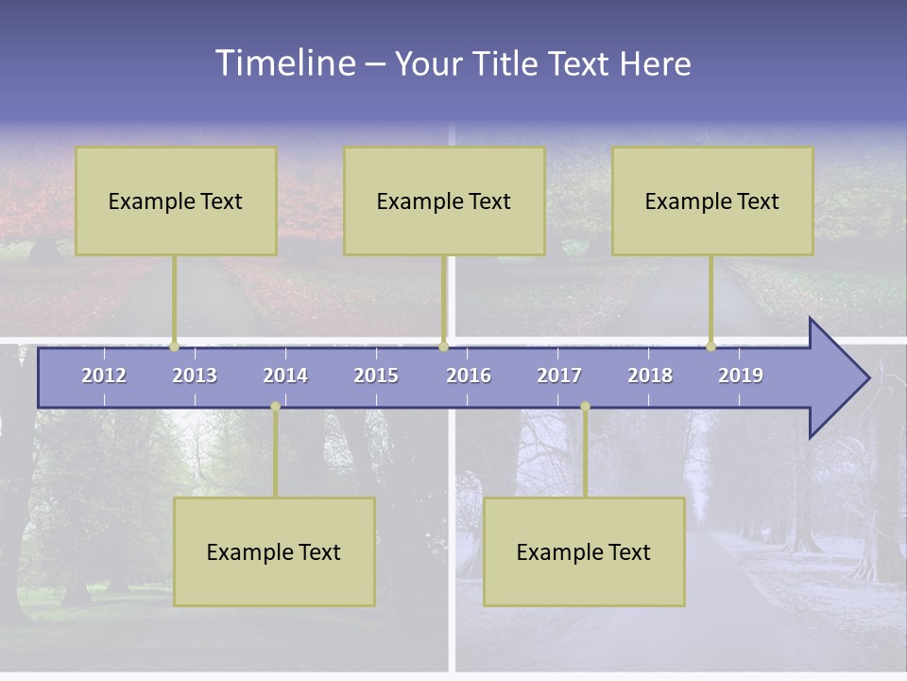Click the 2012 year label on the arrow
click(104, 375)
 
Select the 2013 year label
click(195, 375)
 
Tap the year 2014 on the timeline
click(285, 375)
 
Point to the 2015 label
click(376, 375)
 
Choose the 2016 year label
click(469, 375)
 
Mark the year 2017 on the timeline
click(559, 375)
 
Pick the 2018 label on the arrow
click(650, 375)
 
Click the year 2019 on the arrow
click(741, 375)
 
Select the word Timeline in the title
click(283, 62)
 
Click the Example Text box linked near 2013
click(176, 201)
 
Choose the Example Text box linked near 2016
click(444, 201)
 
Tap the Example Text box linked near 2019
click(712, 201)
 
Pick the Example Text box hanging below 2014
click(274, 551)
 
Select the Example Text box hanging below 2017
click(584, 551)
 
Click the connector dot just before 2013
click(174, 346)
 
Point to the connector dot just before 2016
click(443, 346)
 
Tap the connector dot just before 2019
click(711, 346)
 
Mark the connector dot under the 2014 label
click(275, 407)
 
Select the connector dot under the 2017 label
click(585, 407)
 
